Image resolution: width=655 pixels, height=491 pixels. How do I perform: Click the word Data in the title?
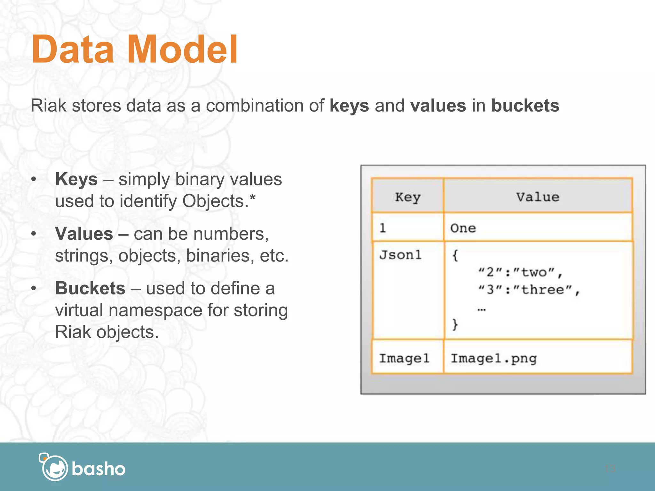click(x=73, y=50)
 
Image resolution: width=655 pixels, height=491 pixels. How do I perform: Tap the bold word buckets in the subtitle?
click(x=525, y=105)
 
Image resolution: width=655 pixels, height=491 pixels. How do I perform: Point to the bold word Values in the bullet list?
click(x=84, y=234)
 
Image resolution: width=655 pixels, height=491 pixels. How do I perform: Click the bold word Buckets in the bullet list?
click(x=90, y=288)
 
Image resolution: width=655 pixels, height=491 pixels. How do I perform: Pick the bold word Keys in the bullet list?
click(x=76, y=179)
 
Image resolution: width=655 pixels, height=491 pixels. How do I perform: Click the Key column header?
click(x=407, y=197)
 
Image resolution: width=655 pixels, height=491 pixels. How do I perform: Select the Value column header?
click(x=538, y=197)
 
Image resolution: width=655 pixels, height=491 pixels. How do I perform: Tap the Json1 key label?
click(x=400, y=255)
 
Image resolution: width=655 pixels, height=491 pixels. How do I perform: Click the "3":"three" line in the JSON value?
click(x=528, y=290)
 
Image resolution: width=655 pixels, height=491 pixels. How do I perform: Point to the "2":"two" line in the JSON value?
click(x=520, y=272)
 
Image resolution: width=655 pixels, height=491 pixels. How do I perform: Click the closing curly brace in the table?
click(x=455, y=324)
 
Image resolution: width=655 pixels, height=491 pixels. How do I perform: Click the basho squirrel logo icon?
click(x=54, y=467)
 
